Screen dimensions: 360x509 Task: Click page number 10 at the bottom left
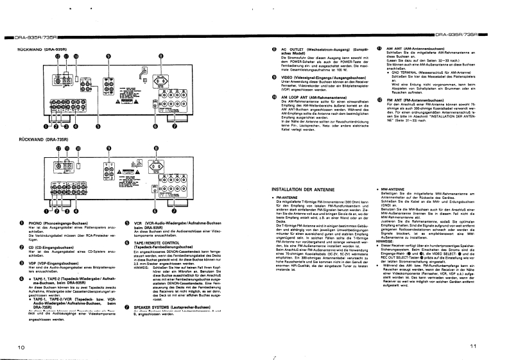(x=21, y=347)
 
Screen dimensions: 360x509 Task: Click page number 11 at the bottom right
(x=491, y=347)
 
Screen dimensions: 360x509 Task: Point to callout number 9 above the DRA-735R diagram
(x=108, y=148)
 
